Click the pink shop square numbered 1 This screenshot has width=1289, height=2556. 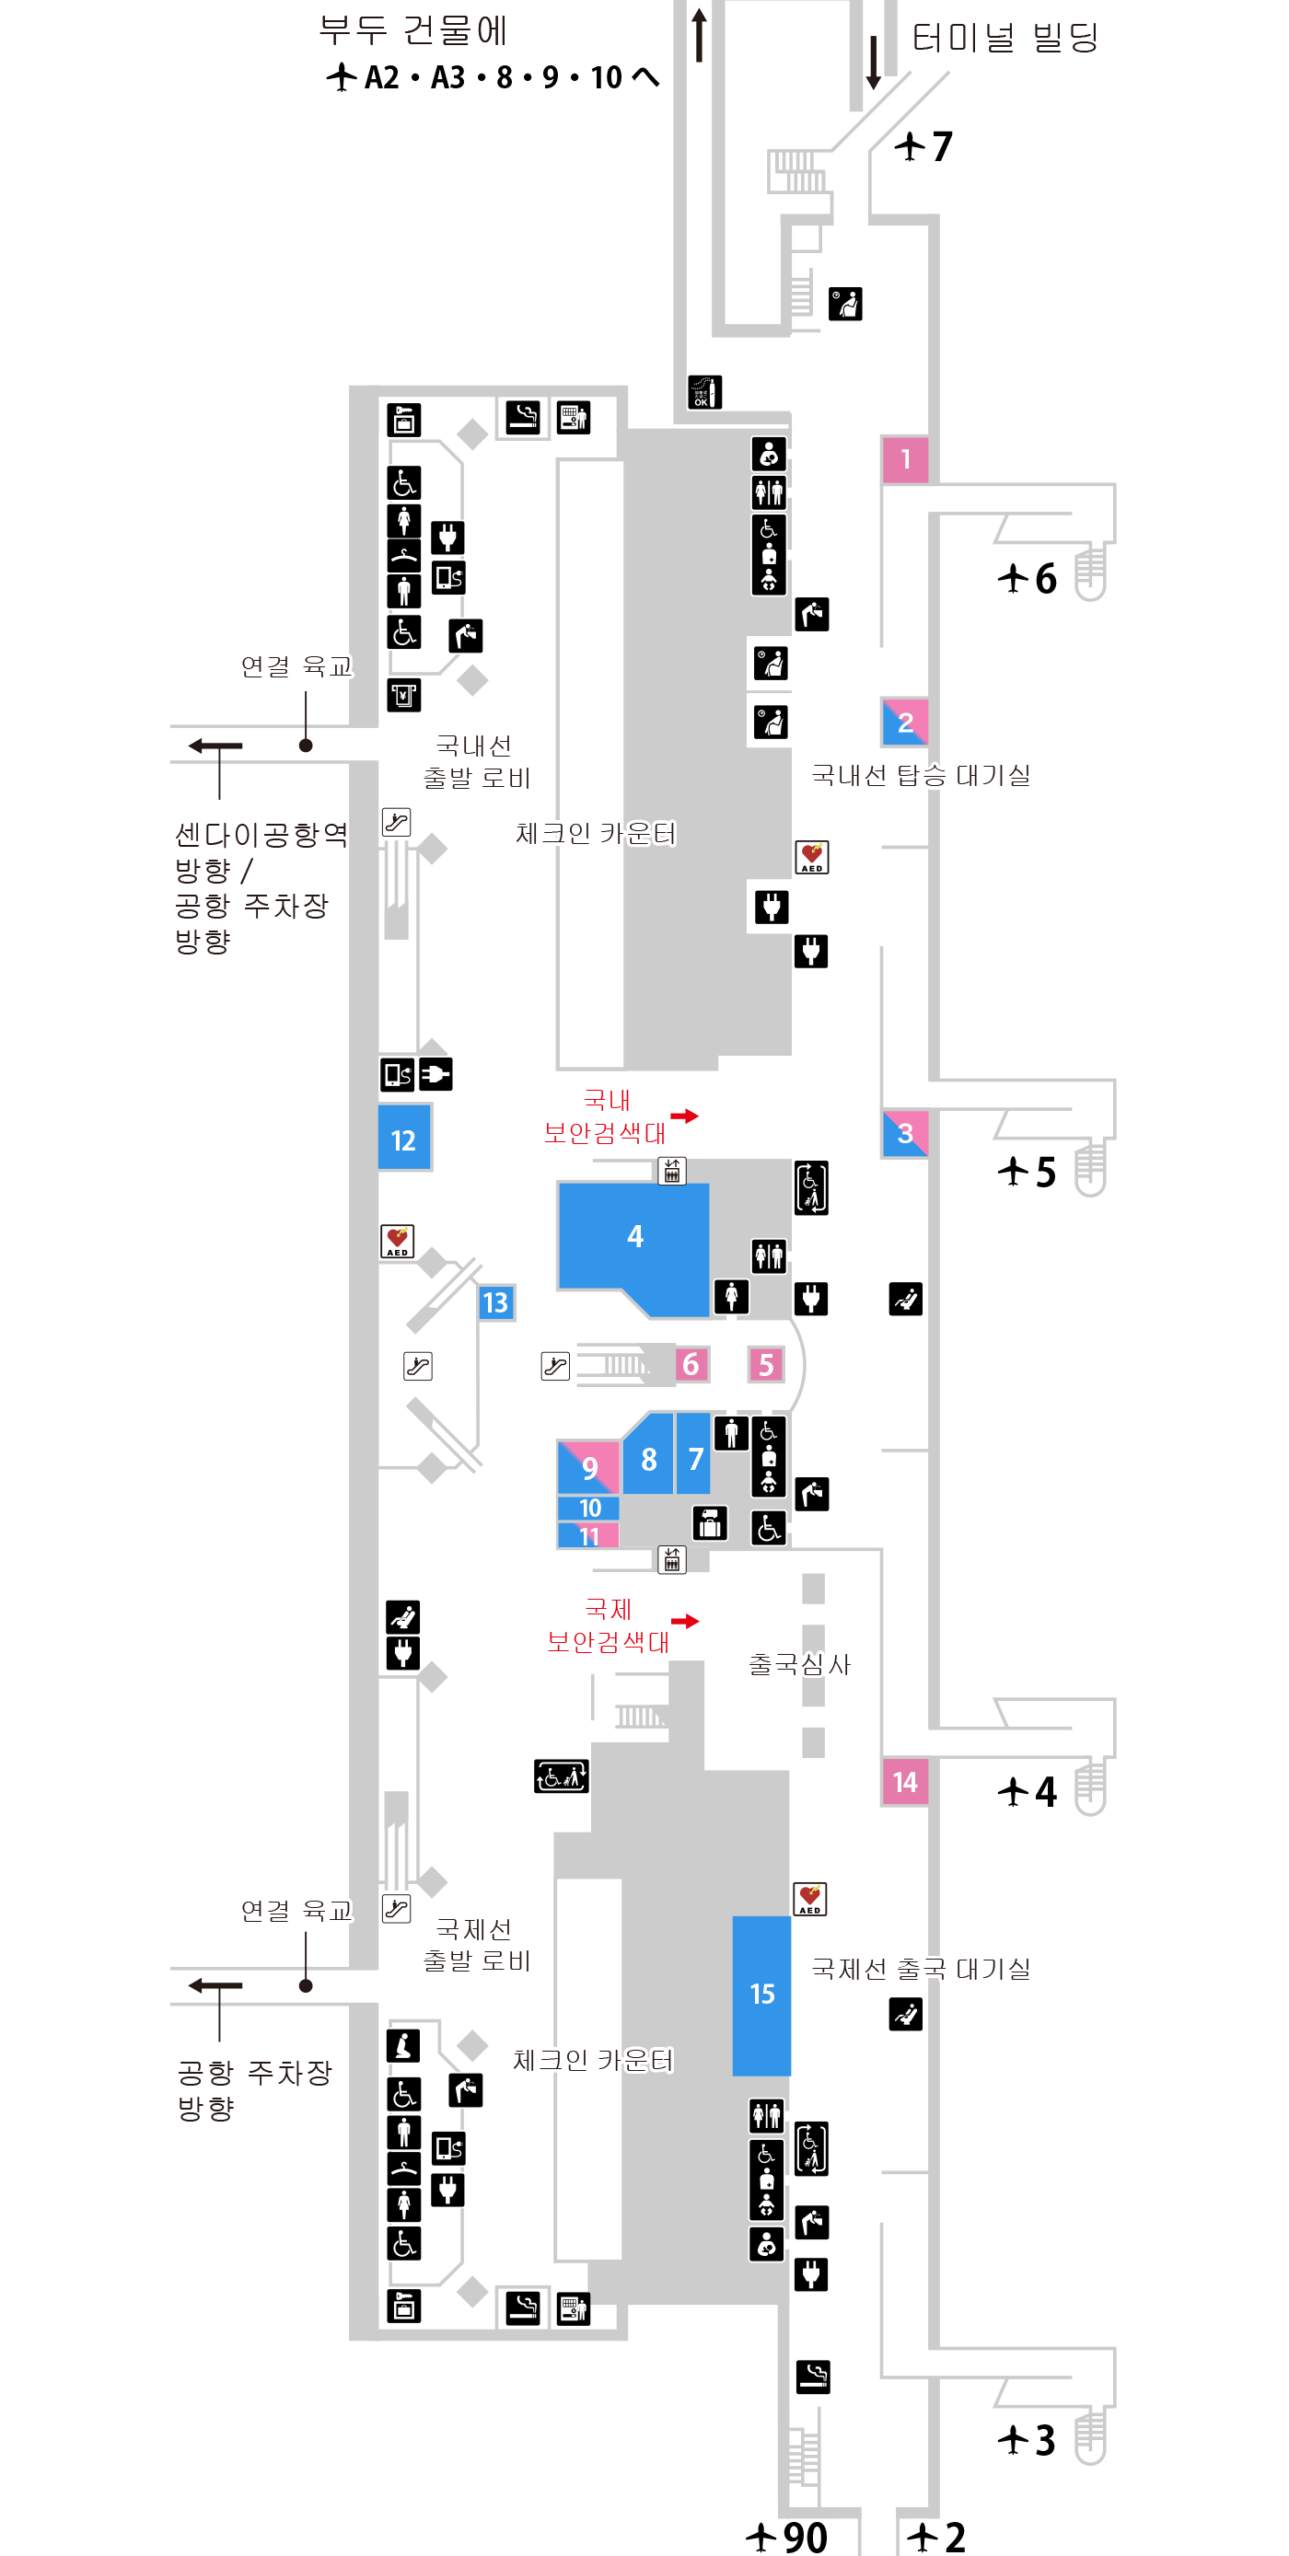(x=904, y=459)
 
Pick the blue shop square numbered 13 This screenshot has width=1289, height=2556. (x=495, y=1301)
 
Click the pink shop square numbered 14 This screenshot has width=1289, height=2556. (x=904, y=1782)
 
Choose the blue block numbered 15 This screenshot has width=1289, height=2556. (x=761, y=1995)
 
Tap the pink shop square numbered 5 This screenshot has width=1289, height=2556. (x=765, y=1364)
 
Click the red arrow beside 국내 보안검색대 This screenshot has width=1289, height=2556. (x=685, y=1116)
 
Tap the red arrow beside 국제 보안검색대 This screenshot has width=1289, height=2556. (x=685, y=1621)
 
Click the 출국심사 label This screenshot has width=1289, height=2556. (x=799, y=1664)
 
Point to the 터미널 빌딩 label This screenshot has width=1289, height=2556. (x=1004, y=38)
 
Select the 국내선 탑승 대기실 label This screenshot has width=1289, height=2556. (x=921, y=775)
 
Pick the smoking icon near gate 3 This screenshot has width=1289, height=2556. (x=813, y=2377)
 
